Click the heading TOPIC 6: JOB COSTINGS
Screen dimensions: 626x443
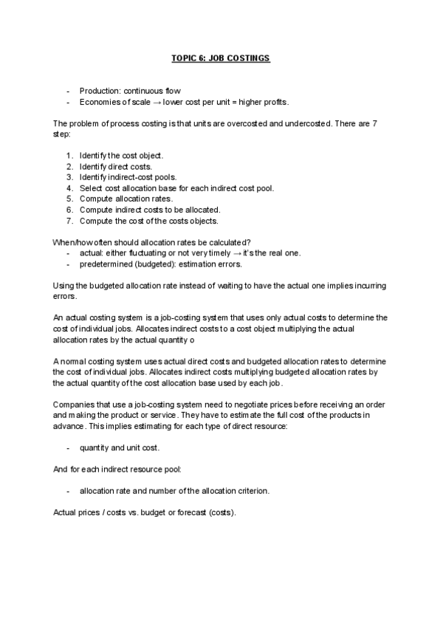[221, 58]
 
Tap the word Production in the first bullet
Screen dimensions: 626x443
[97, 91]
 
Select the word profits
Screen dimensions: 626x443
[272, 101]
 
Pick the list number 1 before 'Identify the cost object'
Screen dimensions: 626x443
[69, 156]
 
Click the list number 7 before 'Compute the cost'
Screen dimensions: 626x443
[69, 221]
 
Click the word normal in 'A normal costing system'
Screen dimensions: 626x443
[73, 361]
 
